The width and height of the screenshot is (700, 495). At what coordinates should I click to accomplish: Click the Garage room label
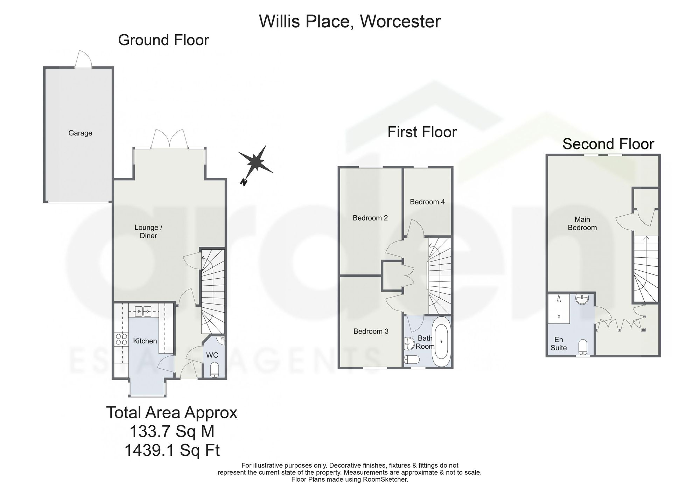point(80,133)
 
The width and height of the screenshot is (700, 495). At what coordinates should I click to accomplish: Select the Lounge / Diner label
point(148,231)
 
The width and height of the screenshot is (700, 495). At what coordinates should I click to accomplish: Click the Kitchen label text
point(145,341)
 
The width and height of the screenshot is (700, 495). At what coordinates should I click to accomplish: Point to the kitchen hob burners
point(121,339)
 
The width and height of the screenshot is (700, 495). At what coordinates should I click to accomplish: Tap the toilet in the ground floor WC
point(215,370)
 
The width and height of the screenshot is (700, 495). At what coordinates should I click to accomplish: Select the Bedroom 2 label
point(370,218)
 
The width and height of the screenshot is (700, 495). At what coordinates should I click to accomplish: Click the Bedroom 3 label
point(371,331)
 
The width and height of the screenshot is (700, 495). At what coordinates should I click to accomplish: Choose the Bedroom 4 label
point(427,202)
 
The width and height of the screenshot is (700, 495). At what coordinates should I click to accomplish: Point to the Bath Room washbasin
point(409,344)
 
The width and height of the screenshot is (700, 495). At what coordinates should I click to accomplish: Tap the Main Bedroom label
point(582,223)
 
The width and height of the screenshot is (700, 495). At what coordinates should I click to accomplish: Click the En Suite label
point(559,344)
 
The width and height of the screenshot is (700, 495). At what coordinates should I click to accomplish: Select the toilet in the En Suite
point(583,347)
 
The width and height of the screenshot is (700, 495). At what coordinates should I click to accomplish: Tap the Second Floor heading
point(608,144)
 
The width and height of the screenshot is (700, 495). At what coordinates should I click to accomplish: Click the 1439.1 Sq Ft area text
point(172,450)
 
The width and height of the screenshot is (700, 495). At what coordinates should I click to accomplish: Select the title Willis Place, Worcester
point(350,21)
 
